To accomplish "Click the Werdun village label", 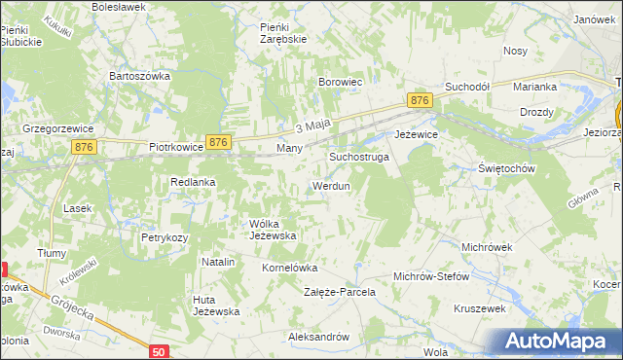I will pyautogui.click(x=330, y=185).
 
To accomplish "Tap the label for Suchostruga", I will pyautogui.click(x=359, y=156).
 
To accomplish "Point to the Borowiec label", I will pyautogui.click(x=341, y=83).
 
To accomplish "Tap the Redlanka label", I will pyautogui.click(x=193, y=182).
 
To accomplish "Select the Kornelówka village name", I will pyautogui.click(x=290, y=267).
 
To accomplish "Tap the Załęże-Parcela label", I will pyautogui.click(x=339, y=292).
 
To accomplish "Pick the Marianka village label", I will pyautogui.click(x=534, y=87).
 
